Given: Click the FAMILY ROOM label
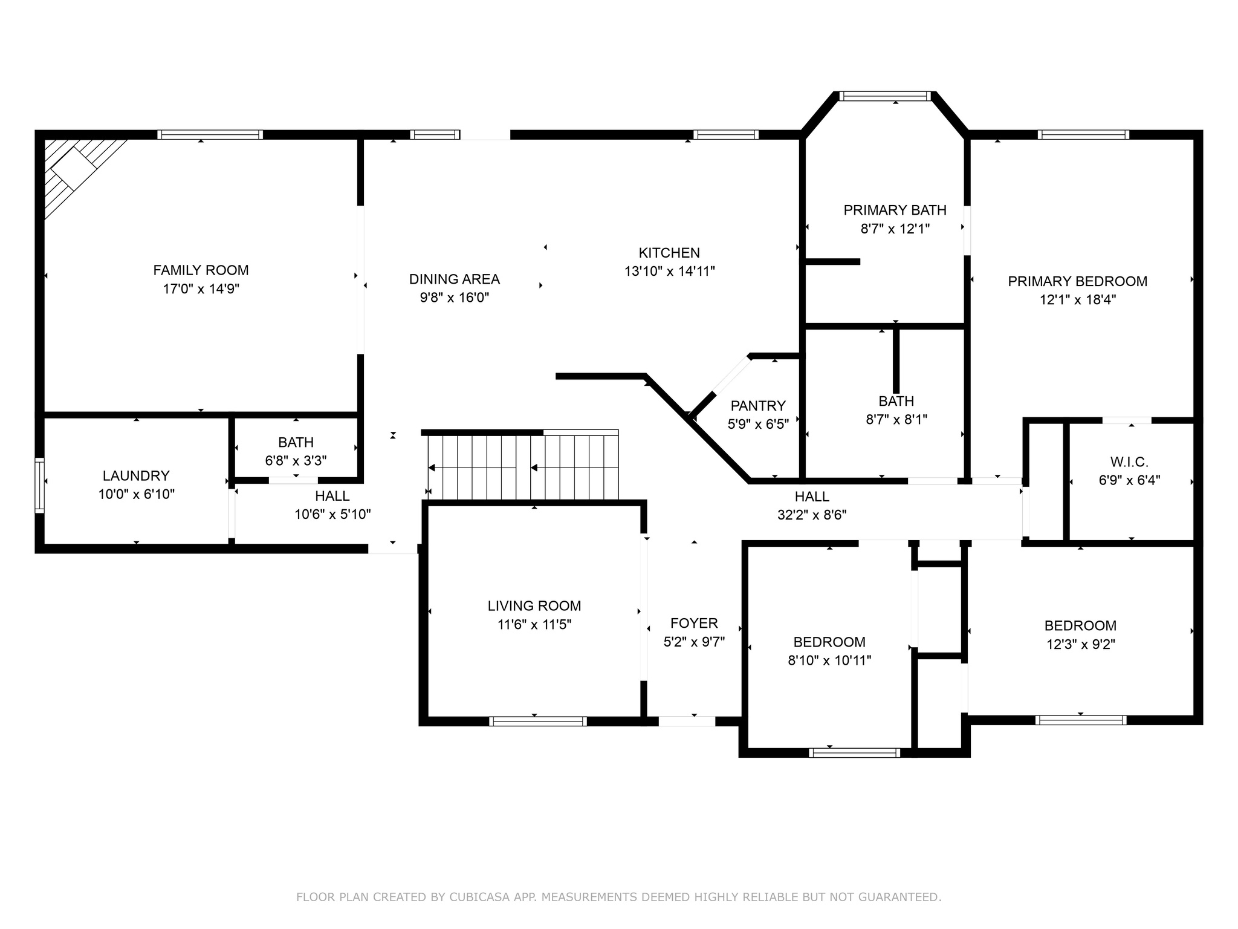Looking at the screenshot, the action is click(x=201, y=270).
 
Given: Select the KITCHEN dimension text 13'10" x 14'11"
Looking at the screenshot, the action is click(x=669, y=271).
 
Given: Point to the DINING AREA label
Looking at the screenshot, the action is click(x=455, y=279).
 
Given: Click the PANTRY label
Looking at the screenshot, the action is click(x=758, y=406).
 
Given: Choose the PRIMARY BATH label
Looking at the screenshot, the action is click(x=895, y=210).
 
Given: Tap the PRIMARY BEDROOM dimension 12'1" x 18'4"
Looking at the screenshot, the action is click(x=1078, y=299).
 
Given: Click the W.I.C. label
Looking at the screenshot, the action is click(x=1129, y=463).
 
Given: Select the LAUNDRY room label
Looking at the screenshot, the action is click(x=136, y=476).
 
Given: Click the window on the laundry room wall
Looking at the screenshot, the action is click(x=40, y=486).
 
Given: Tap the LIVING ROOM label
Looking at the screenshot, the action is click(x=534, y=606).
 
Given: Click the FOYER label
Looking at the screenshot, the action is click(x=694, y=624).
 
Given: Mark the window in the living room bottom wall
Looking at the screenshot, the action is click(x=538, y=721).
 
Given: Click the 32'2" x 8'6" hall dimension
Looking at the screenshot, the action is click(x=812, y=515).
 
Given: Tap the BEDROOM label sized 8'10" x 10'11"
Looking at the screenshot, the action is click(x=829, y=642).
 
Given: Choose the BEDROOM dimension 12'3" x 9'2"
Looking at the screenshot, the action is click(x=1081, y=644).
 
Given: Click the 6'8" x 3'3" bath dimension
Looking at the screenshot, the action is click(x=296, y=461).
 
